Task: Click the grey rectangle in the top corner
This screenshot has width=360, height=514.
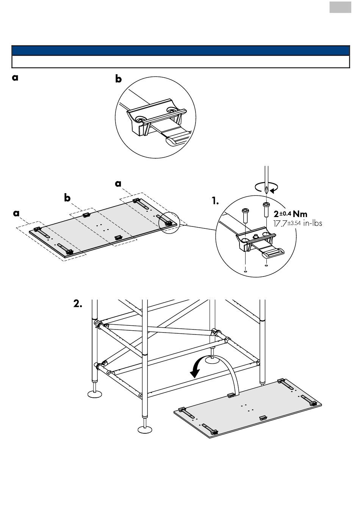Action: coord(340,7)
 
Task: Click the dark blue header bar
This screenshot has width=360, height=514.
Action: coord(181,50)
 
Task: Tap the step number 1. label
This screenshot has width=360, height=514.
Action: coord(215,201)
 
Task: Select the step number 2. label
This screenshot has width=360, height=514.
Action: coord(78,304)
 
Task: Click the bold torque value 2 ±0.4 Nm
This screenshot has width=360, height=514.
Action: coord(290,214)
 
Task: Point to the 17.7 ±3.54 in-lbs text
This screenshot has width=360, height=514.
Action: coord(297,223)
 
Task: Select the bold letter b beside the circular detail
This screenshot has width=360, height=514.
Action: coord(118,79)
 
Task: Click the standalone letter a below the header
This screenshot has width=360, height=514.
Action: coord(15,78)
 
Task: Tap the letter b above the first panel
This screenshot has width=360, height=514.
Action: coord(67,198)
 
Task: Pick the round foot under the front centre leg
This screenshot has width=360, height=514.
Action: coord(145,429)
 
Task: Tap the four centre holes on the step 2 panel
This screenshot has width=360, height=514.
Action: coord(247,408)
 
